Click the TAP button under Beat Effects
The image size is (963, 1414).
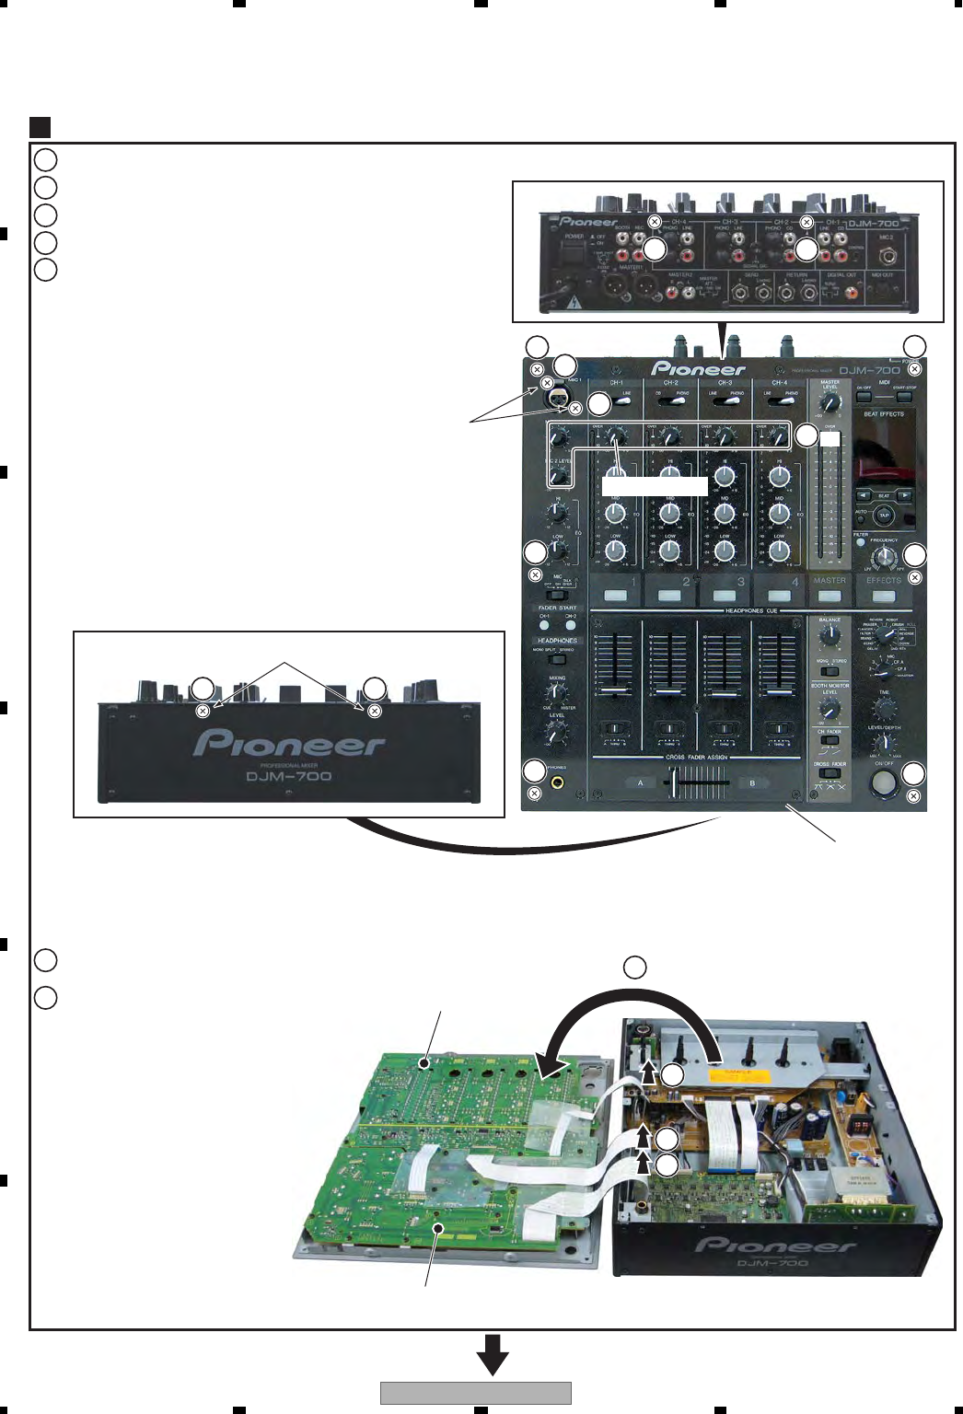884,516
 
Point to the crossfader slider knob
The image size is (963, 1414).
679,782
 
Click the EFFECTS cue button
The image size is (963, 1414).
884,595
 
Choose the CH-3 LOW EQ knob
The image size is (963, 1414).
725,551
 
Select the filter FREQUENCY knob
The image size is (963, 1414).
884,556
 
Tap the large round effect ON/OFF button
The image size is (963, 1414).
884,782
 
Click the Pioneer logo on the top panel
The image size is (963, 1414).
699,369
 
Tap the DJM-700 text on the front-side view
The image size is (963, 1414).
289,776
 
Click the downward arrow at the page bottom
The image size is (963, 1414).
493,1354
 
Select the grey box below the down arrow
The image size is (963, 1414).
476,1393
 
